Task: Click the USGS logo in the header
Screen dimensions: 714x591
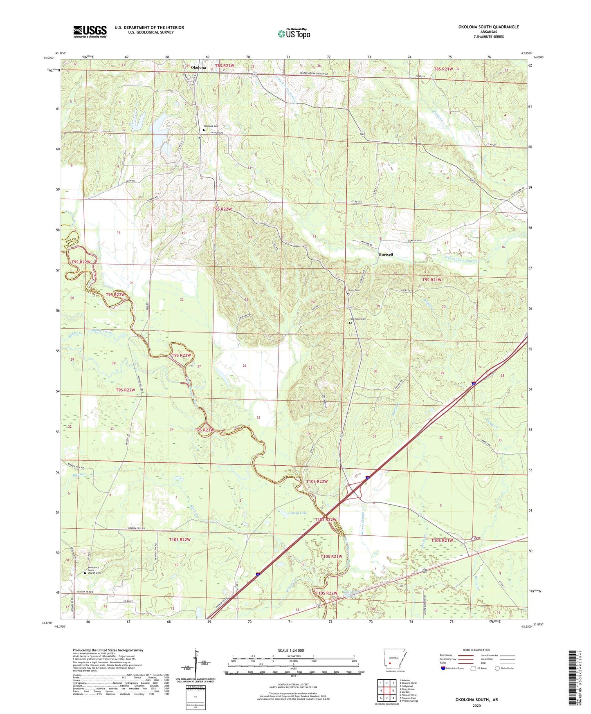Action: point(90,31)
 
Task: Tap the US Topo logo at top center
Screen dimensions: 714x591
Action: point(294,34)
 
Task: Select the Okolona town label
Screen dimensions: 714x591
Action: point(198,67)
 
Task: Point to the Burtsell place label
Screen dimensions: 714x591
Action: point(385,254)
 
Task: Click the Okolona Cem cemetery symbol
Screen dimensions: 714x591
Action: point(204,130)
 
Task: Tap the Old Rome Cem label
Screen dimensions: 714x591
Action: point(358,319)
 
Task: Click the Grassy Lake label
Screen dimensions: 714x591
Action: point(297,513)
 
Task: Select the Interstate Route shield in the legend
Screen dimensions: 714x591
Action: point(444,668)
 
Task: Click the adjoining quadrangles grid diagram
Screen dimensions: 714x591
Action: point(387,691)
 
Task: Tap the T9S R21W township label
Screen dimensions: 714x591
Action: point(431,280)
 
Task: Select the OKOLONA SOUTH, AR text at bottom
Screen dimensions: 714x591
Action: point(476,699)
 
